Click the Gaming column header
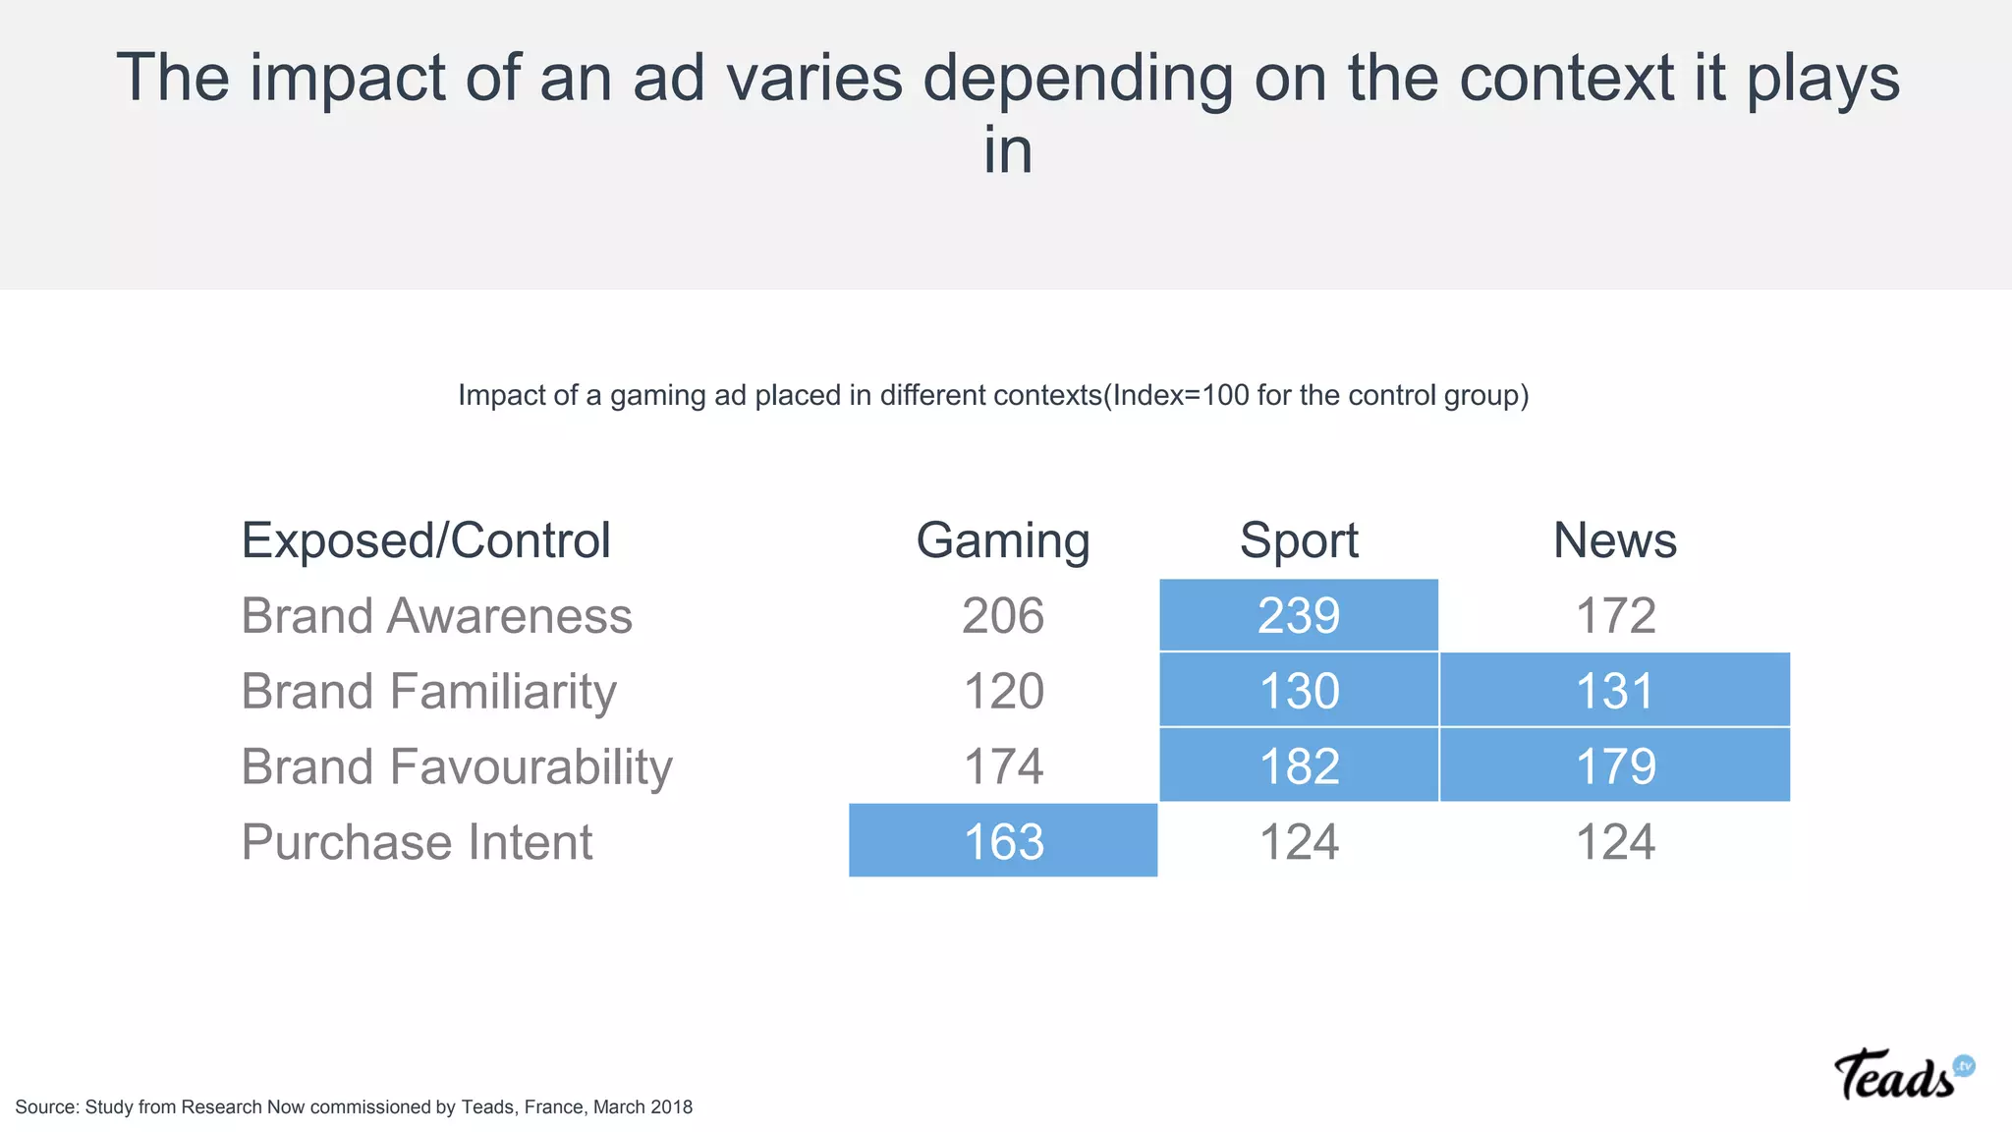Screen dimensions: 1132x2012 click(1003, 540)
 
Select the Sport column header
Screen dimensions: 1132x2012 click(1299, 540)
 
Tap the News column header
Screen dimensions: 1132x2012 click(1614, 540)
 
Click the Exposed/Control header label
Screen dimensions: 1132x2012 click(426, 540)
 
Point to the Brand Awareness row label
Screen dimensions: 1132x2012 click(436, 616)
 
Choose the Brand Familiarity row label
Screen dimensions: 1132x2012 click(428, 691)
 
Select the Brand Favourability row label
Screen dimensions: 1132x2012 click(457, 766)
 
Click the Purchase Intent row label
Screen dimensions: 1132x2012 click(417, 842)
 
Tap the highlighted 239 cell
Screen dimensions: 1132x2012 click(1299, 616)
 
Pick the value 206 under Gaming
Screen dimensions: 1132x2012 click(1003, 616)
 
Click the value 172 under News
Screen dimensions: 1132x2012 click(1615, 616)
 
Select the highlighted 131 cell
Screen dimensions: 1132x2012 click(1615, 691)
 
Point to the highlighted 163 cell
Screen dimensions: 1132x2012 click(1003, 841)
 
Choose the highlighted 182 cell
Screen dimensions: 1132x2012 click(1299, 765)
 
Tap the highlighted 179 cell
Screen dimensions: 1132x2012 click(1615, 765)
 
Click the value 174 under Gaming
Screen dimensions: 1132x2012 click(1003, 766)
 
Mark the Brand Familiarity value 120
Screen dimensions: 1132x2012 click(1003, 691)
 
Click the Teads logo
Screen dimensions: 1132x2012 click(1902, 1076)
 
